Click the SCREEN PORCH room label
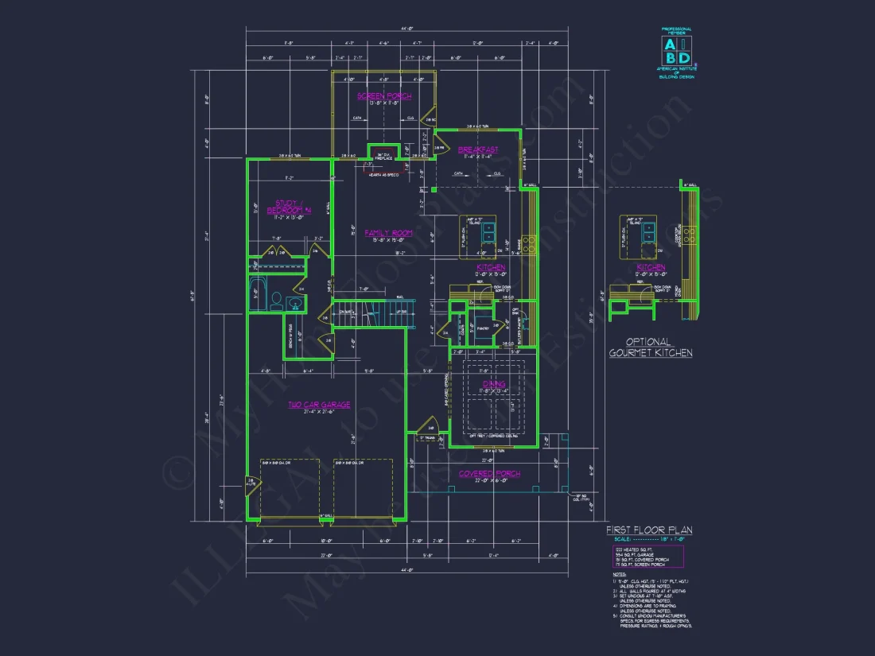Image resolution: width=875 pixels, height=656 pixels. tap(384, 96)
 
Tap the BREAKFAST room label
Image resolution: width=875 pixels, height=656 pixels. tap(479, 149)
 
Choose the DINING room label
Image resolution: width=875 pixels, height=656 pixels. tap(494, 385)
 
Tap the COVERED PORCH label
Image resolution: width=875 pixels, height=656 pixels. tap(489, 474)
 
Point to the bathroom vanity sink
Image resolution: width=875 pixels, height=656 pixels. tap(295, 302)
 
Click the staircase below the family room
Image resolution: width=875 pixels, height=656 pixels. tap(374, 312)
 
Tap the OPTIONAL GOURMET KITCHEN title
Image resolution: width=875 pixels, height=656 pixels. tap(651, 347)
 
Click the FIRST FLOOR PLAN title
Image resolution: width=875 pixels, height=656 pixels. tap(649, 530)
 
